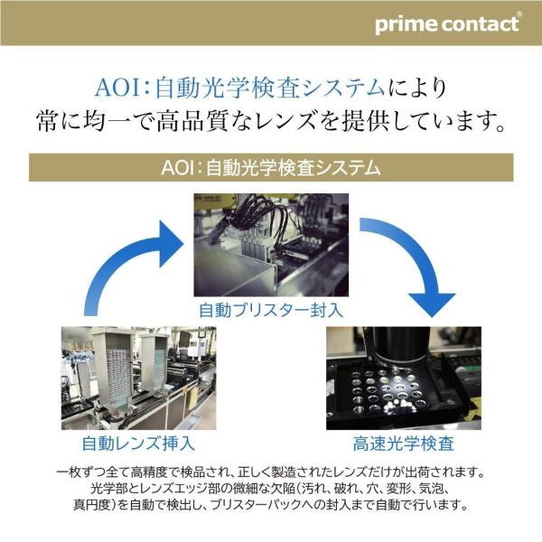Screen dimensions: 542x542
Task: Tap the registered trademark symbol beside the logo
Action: [519, 14]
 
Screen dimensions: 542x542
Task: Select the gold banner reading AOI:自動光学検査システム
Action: [271, 168]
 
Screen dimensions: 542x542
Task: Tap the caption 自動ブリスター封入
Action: [271, 310]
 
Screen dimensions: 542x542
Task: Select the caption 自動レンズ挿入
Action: [138, 444]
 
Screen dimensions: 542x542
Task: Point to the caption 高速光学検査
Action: [404, 444]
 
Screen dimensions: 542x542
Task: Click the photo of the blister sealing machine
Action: [271, 245]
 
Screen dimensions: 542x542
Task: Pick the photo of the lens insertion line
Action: [138, 378]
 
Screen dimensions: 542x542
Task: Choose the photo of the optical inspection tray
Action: [404, 378]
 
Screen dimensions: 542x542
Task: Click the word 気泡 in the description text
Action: [430, 489]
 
